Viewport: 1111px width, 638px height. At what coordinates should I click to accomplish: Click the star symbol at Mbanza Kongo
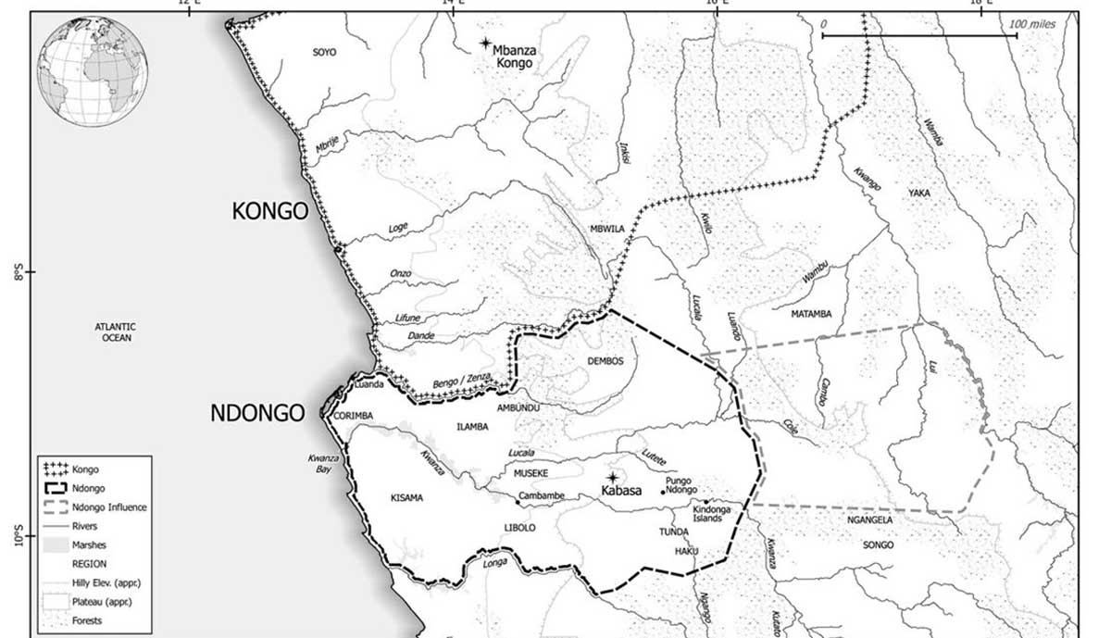pyautogui.click(x=485, y=44)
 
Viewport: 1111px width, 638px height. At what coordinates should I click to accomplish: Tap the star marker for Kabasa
pyautogui.click(x=611, y=477)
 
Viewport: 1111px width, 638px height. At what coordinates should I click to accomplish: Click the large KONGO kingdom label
pyautogui.click(x=269, y=212)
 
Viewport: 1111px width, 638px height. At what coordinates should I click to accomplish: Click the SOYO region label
pyautogui.click(x=325, y=53)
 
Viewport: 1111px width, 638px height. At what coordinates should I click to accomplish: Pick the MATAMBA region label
pyautogui.click(x=811, y=314)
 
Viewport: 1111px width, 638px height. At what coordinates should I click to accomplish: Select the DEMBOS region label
pyautogui.click(x=605, y=361)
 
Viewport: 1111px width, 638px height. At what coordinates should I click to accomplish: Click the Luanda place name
pyautogui.click(x=368, y=383)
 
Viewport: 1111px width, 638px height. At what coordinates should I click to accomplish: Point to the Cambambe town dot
pyautogui.click(x=518, y=502)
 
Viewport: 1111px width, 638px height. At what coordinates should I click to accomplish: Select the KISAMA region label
pyautogui.click(x=406, y=497)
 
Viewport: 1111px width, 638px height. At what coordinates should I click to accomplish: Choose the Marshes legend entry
pyautogui.click(x=88, y=544)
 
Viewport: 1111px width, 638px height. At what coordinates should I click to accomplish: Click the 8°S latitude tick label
pyautogui.click(x=18, y=273)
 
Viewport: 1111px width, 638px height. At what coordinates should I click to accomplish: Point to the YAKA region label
pyautogui.click(x=919, y=193)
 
